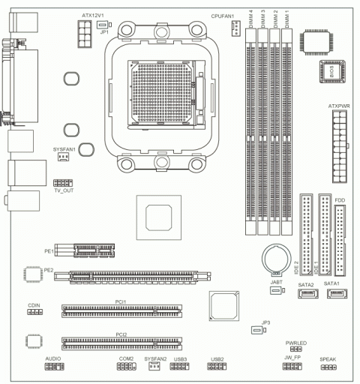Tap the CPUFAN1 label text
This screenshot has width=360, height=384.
point(223,15)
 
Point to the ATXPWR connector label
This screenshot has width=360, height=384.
point(340,106)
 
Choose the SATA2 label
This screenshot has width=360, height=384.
point(306,286)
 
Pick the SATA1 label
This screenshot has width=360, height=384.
point(332,286)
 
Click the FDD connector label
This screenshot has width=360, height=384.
point(340,201)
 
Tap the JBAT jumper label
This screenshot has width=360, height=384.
point(275,281)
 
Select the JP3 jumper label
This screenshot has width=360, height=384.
point(265,322)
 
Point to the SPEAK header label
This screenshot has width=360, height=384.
point(328,359)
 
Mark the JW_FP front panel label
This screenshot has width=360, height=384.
point(292,359)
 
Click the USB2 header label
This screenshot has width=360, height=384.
point(218,359)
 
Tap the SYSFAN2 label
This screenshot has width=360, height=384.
point(155,359)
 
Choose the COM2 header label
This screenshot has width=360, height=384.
point(125,359)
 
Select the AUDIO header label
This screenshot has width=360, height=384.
point(53,359)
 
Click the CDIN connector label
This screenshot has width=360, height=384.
point(34,306)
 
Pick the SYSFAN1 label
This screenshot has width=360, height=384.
point(64,150)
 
